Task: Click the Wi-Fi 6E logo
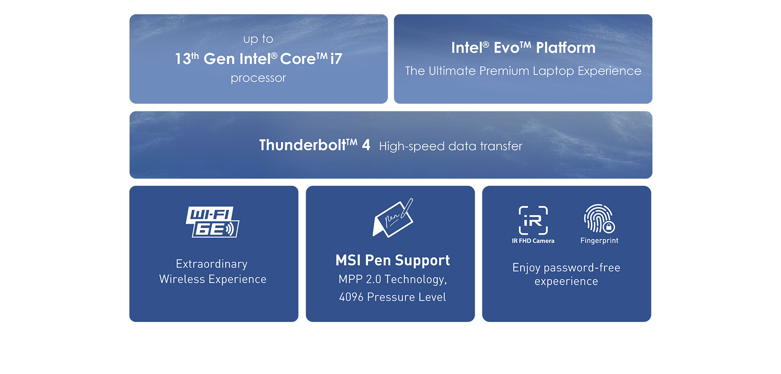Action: pyautogui.click(x=212, y=222)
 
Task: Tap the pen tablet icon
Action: pyautogui.click(x=393, y=218)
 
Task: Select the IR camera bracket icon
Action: pyautogui.click(x=533, y=220)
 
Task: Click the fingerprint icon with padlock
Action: pyautogui.click(x=599, y=219)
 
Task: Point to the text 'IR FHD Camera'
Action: pyautogui.click(x=533, y=241)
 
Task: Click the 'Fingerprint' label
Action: pyautogui.click(x=599, y=240)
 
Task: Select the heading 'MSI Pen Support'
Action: pyautogui.click(x=393, y=260)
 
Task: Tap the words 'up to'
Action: pyautogui.click(x=258, y=39)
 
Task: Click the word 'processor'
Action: pyautogui.click(x=258, y=78)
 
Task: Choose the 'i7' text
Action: pyautogui.click(x=336, y=59)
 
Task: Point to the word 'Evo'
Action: pyautogui.click(x=506, y=48)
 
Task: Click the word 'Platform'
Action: pyautogui.click(x=565, y=48)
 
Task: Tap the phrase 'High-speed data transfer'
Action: pyautogui.click(x=450, y=146)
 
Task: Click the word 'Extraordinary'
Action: pyautogui.click(x=212, y=264)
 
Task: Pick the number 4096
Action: pyautogui.click(x=351, y=297)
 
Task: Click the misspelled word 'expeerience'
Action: pyautogui.click(x=566, y=281)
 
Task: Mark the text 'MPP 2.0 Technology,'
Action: pyautogui.click(x=393, y=279)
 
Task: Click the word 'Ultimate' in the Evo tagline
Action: pyautogui.click(x=452, y=71)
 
